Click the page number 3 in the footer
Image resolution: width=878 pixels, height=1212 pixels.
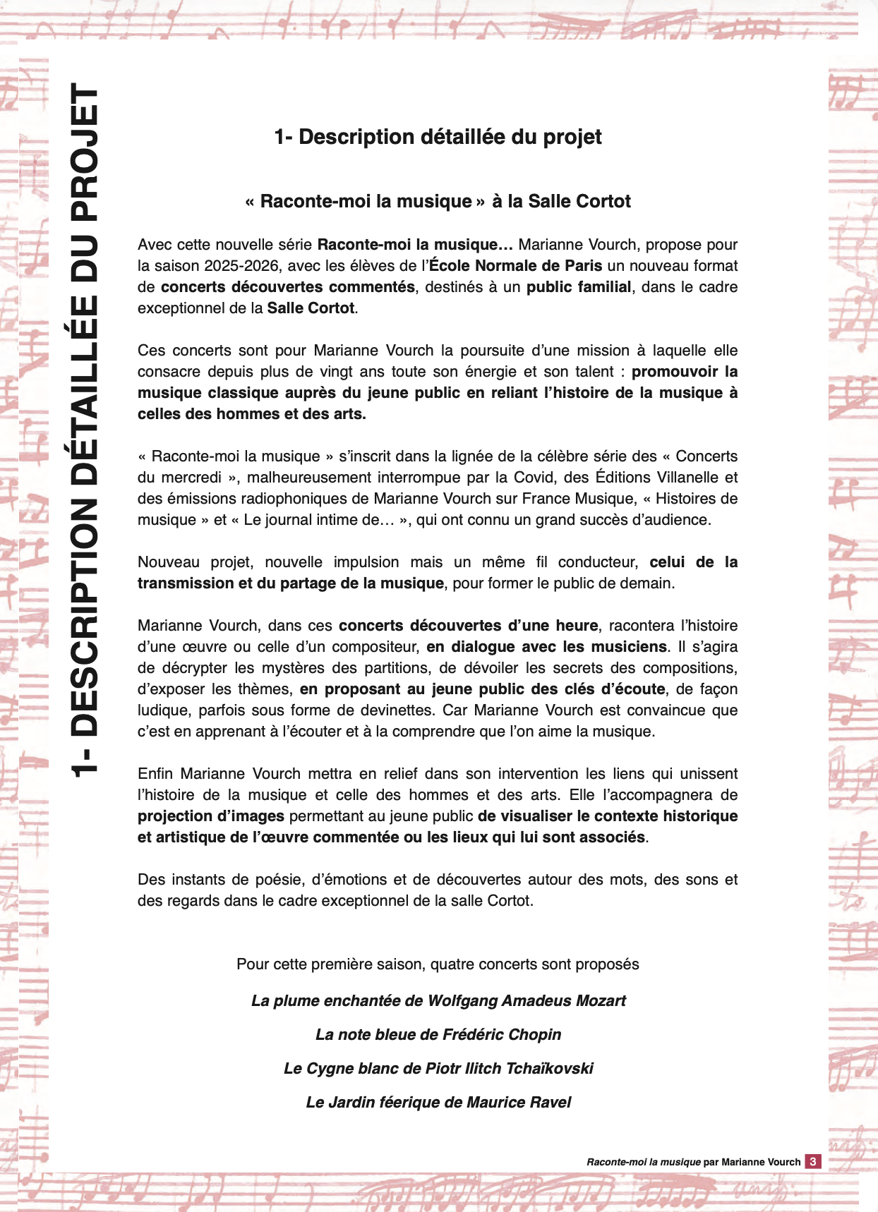point(813,1161)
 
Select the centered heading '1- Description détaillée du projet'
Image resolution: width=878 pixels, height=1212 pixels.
point(438,137)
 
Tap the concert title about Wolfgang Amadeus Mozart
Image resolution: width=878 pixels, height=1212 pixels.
point(438,1000)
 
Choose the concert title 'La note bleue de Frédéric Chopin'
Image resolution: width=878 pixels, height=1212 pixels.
point(438,1034)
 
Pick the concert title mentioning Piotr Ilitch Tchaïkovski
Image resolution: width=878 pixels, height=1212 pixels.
point(438,1068)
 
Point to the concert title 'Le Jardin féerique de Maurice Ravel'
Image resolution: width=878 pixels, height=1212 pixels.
point(438,1102)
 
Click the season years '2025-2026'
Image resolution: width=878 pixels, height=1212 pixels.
point(237,266)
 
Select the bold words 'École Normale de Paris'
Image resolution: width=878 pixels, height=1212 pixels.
point(516,266)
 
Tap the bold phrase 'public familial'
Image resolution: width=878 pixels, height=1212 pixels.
point(579,287)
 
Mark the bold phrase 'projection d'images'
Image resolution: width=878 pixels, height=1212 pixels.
point(211,816)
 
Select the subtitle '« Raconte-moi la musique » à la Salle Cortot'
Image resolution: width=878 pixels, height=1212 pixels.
point(438,202)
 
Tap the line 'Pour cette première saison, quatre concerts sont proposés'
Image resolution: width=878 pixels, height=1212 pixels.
point(438,964)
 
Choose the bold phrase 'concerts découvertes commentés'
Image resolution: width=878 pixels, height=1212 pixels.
point(288,287)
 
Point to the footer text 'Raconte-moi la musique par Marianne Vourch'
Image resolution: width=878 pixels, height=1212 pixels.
point(693,1162)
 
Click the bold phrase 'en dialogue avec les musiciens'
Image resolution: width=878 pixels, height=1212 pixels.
point(546,647)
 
